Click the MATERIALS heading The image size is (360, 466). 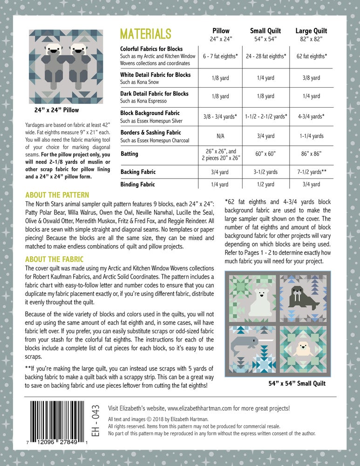(146, 34)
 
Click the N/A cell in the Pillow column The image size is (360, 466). (220, 136)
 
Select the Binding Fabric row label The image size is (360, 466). (138, 185)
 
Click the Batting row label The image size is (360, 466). (129, 153)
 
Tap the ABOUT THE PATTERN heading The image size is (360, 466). (57, 195)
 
